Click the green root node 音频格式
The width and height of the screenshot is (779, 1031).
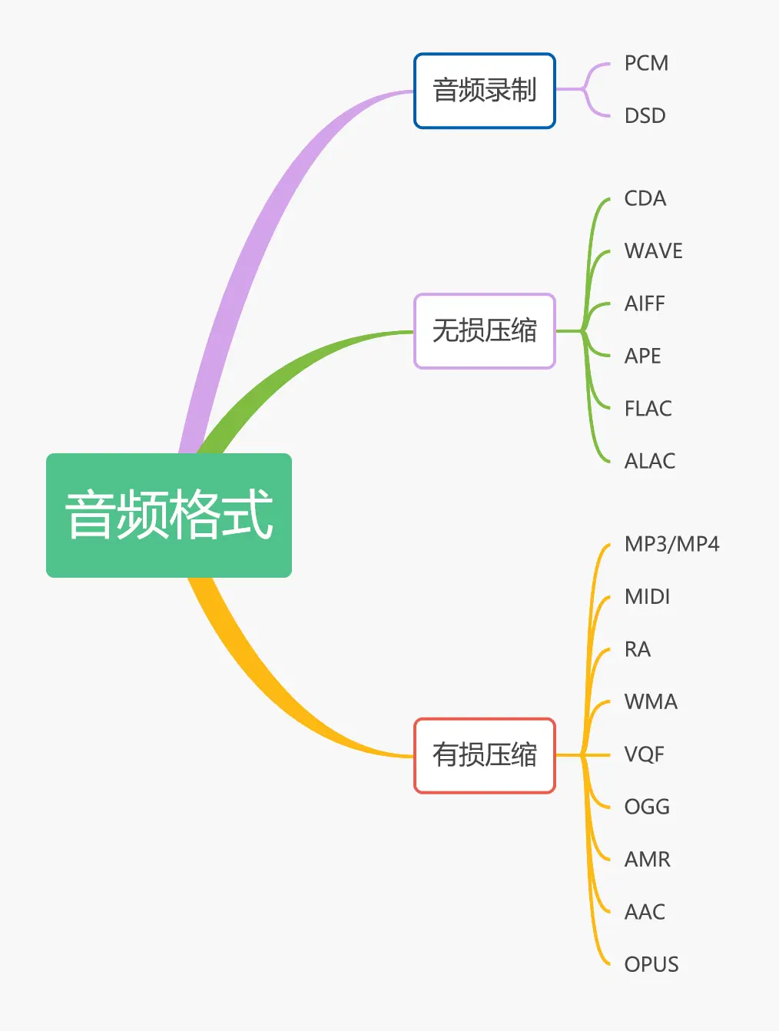pyautogui.click(x=169, y=515)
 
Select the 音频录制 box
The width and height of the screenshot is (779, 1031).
pyautogui.click(x=484, y=91)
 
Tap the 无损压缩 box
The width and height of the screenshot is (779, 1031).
pyautogui.click(x=484, y=331)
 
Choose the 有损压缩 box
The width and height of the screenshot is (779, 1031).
pyautogui.click(x=484, y=755)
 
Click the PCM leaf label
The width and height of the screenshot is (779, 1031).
pyautogui.click(x=646, y=63)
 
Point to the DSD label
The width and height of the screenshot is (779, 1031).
pyautogui.click(x=645, y=116)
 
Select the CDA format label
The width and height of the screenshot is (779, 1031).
pyautogui.click(x=645, y=199)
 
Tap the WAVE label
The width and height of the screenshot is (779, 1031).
pyautogui.click(x=653, y=251)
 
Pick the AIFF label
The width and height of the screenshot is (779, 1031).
pyautogui.click(x=645, y=303)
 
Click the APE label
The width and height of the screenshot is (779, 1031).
pyautogui.click(x=642, y=356)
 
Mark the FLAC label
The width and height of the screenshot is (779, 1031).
pyautogui.click(x=648, y=409)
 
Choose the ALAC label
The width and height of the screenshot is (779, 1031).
pyautogui.click(x=649, y=461)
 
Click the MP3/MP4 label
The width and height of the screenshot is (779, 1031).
pyautogui.click(x=671, y=545)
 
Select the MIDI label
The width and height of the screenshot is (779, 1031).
pyautogui.click(x=647, y=597)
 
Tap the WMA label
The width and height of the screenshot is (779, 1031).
pyautogui.click(x=651, y=702)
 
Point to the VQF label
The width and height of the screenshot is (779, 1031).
pyautogui.click(x=644, y=754)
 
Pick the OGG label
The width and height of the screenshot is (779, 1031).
pyautogui.click(x=647, y=807)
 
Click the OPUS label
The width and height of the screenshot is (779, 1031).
pyautogui.click(x=651, y=964)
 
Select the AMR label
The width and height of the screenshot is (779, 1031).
pyautogui.click(x=647, y=860)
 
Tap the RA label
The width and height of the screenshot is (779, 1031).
pyautogui.click(x=637, y=650)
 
